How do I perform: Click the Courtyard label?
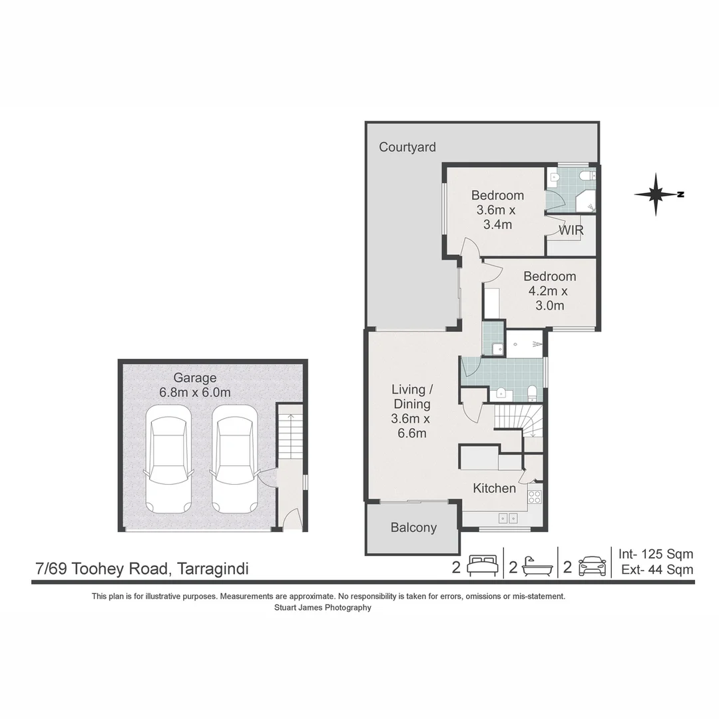pyautogui.click(x=407, y=147)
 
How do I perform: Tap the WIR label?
pyautogui.click(x=571, y=230)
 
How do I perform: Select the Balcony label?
pyautogui.click(x=413, y=528)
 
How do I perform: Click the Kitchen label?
pyautogui.click(x=494, y=489)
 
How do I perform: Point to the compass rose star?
pyautogui.click(x=656, y=194)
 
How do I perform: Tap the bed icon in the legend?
pyautogui.click(x=483, y=566)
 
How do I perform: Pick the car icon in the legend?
pyautogui.click(x=593, y=567)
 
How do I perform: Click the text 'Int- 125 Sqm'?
pyautogui.click(x=656, y=554)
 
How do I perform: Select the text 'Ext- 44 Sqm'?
pyautogui.click(x=657, y=569)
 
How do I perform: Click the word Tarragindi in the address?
pyautogui.click(x=213, y=569)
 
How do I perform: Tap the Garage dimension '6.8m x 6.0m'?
pyautogui.click(x=195, y=393)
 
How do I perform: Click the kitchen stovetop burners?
pyautogui.click(x=535, y=497)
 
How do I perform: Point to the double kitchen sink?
pyautogui.click(x=508, y=518)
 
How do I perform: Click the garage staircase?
pyautogui.click(x=290, y=434)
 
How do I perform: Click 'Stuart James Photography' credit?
pyautogui.click(x=323, y=608)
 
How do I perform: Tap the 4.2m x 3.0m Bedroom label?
pyautogui.click(x=549, y=291)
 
